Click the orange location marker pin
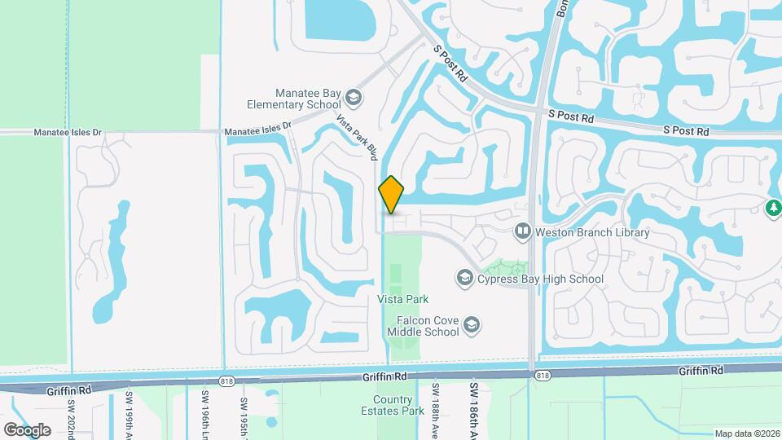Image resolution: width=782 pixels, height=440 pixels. pos(391,195)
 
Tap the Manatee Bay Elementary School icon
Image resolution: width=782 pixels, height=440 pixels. pos(354,99)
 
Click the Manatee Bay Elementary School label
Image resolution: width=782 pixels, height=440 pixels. pos(297,99)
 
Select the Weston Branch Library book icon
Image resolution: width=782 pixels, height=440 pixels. pos(522,232)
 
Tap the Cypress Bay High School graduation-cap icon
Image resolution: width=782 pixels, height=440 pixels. pos(464,279)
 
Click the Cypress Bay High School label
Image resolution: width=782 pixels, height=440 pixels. pos(540,279)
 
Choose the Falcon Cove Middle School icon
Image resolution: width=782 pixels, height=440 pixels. pos(472,327)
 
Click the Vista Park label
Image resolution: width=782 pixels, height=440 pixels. pos(402,299)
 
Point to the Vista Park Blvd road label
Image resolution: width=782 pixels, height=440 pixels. pos(358,136)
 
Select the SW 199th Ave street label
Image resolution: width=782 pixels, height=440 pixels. pos(129,411)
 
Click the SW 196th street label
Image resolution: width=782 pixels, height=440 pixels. pos(203,411)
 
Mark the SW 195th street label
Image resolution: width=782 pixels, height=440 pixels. pos(244,411)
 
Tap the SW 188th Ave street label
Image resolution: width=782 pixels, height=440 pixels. pos(436,407)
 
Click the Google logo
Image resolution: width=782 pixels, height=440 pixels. pos(27,429)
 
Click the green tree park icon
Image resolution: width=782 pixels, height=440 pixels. pos(773,209)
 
